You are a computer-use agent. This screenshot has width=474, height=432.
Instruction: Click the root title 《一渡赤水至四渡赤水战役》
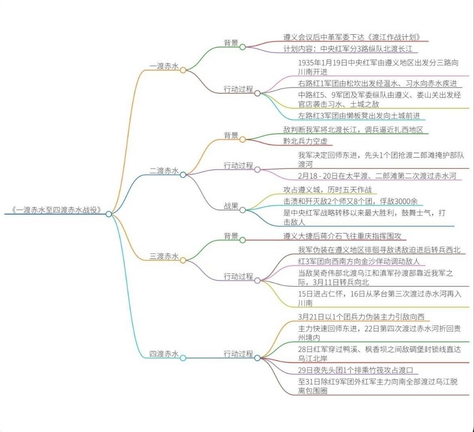(56, 210)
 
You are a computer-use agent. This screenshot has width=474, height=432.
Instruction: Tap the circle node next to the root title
(109, 214)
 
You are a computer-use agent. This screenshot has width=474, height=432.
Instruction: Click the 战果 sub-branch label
(231, 206)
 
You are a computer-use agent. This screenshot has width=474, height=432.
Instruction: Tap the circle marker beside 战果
(242, 210)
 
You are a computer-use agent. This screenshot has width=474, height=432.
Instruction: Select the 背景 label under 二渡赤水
(231, 135)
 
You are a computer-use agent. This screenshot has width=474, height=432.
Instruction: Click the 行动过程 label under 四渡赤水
(238, 354)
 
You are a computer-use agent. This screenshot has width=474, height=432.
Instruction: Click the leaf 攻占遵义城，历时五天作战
(328, 190)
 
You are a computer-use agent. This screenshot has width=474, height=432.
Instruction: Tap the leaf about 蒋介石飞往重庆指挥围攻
(342, 236)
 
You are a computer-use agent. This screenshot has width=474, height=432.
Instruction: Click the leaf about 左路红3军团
(359, 116)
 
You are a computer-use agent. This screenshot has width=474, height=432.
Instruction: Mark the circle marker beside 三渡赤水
(183, 261)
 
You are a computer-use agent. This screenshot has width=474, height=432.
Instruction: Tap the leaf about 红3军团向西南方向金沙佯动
(359, 261)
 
